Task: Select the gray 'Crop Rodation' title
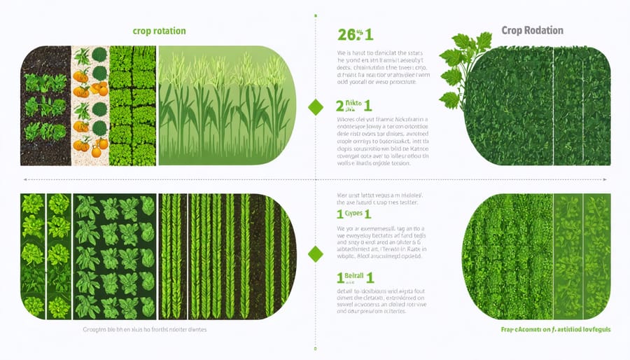(x=533, y=31)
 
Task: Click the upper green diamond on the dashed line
(x=316, y=107)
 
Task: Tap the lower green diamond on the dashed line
(x=316, y=254)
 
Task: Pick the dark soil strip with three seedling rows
(x=45, y=105)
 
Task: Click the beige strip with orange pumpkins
(x=90, y=105)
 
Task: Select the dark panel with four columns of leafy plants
(x=116, y=256)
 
